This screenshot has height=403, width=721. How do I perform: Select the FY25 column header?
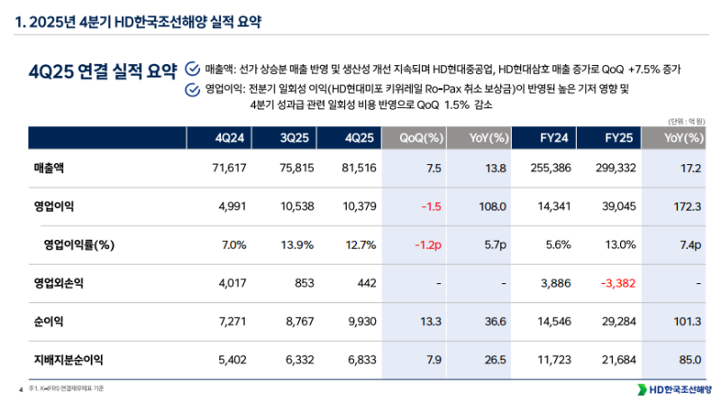(x=623, y=137)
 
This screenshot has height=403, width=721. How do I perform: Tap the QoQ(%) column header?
(x=421, y=137)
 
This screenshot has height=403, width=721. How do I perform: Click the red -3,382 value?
(x=617, y=282)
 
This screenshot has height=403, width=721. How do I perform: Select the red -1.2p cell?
(x=426, y=244)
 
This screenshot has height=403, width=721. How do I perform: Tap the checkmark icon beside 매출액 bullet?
(x=191, y=69)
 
